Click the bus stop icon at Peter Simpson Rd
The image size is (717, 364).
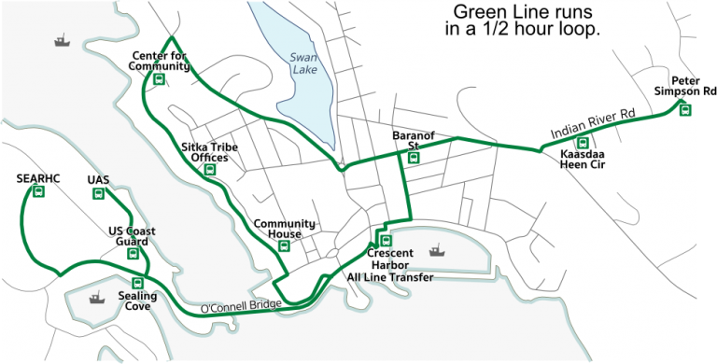(x=685, y=109)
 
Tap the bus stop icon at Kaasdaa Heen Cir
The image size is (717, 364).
(x=583, y=143)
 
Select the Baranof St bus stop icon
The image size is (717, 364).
(x=414, y=158)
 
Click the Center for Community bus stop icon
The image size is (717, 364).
(x=159, y=79)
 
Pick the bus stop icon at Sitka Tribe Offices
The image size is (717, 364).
(x=211, y=170)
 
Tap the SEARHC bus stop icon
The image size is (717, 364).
(x=38, y=192)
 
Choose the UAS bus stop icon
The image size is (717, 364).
(x=98, y=193)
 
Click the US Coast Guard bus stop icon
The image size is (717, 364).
(x=133, y=253)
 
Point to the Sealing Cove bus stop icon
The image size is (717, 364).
(x=137, y=283)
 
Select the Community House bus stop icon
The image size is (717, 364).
(x=284, y=234)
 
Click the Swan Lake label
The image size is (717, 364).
(x=303, y=63)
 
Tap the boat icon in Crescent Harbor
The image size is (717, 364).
(x=435, y=250)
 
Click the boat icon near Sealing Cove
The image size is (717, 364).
(x=94, y=299)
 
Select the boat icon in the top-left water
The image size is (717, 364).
(x=62, y=41)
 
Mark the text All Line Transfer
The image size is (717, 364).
(x=390, y=276)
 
